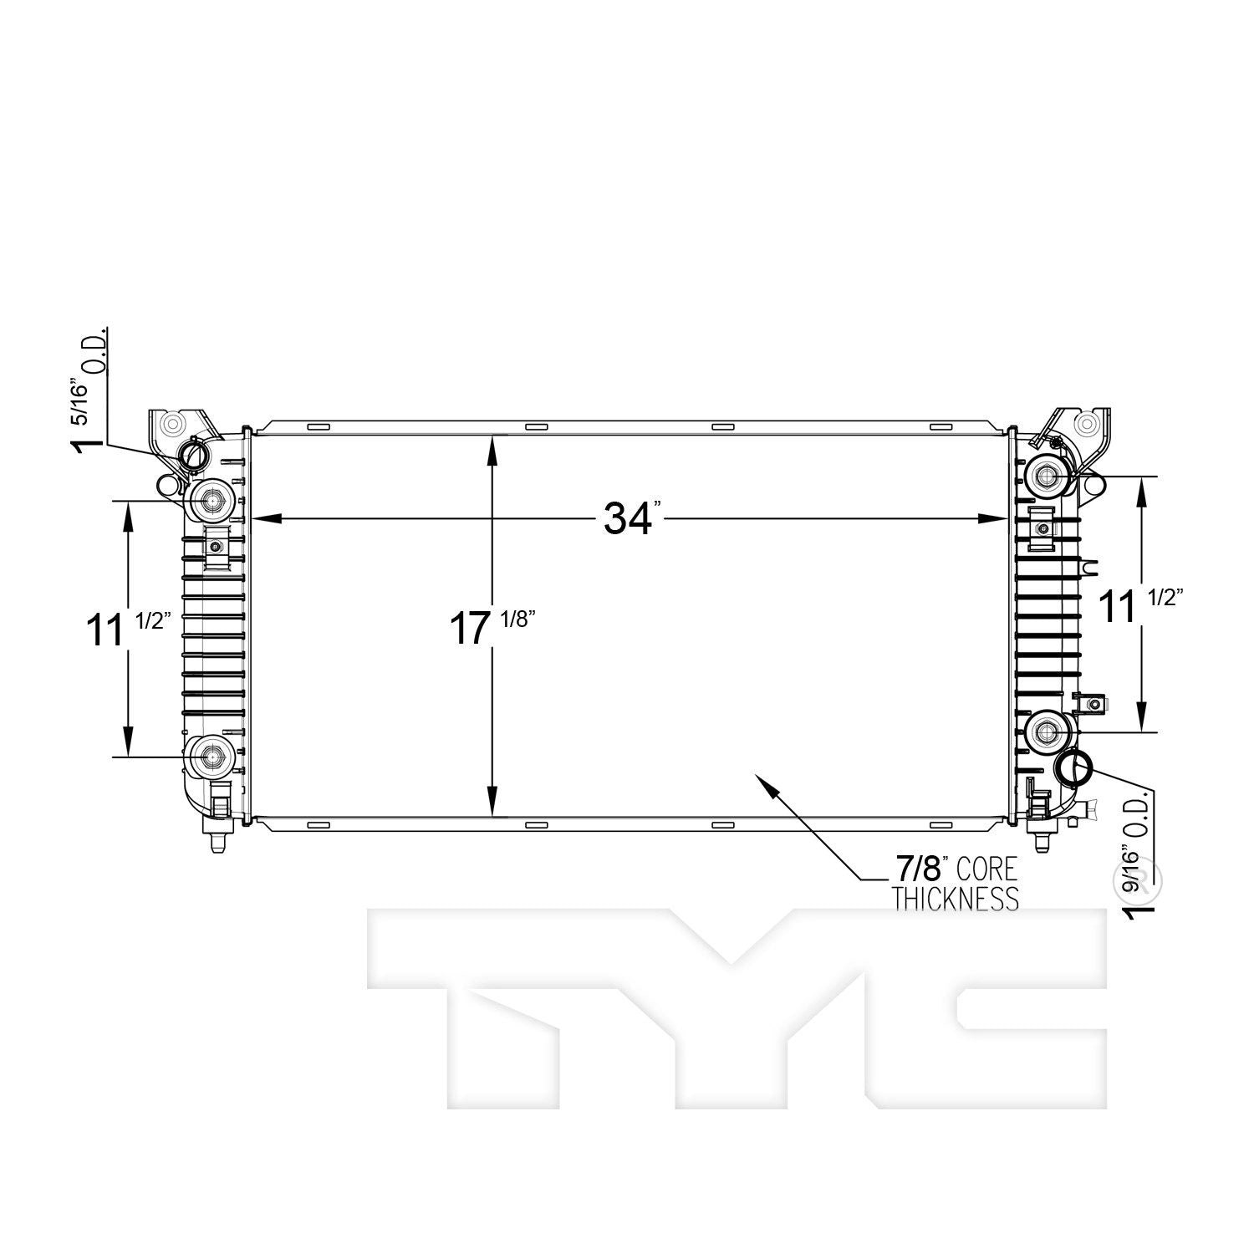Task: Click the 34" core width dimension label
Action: [633, 519]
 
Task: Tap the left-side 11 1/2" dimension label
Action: [129, 628]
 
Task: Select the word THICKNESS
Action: [956, 899]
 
